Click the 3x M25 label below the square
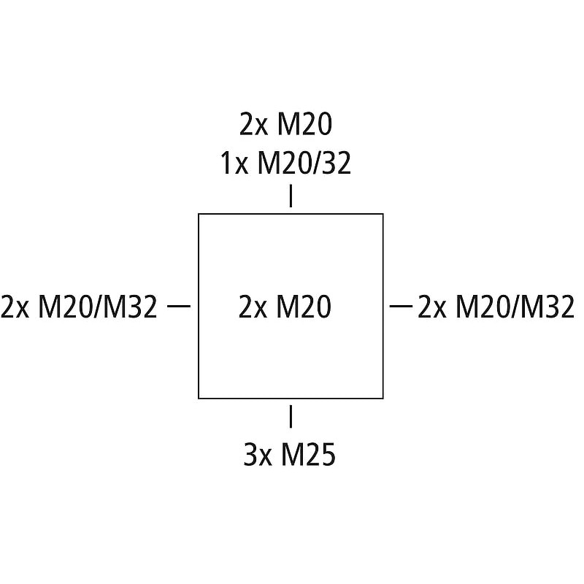[x=289, y=456]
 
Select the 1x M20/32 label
[x=286, y=164]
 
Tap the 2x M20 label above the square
[x=286, y=126]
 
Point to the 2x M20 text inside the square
[x=285, y=307]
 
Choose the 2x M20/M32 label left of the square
[x=79, y=307]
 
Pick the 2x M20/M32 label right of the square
[x=496, y=307]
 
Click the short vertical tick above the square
[x=291, y=197]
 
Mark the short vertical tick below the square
[x=291, y=415]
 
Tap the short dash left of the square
[x=179, y=307]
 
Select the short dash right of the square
[x=401, y=307]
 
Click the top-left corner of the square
[x=199, y=214]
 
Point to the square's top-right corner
[x=383, y=214]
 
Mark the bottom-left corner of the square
[x=199, y=399]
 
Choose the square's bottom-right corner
[x=383, y=399]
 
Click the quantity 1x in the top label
[x=235, y=164]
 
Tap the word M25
[x=309, y=456]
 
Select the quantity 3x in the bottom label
[x=257, y=456]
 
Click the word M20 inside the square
[x=304, y=307]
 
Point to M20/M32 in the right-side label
[x=515, y=307]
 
